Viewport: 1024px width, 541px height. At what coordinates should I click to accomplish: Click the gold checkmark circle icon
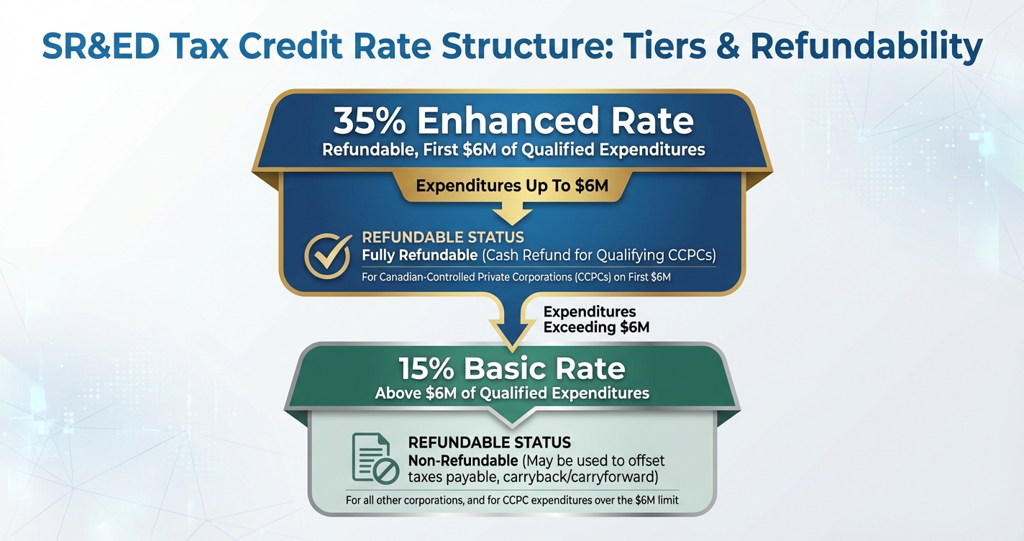coord(328,255)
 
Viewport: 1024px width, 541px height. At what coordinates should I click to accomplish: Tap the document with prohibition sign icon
coord(375,458)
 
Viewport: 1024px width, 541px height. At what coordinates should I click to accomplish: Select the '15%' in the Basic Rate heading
coord(426,368)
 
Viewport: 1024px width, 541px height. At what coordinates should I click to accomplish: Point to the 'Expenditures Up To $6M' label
coord(512,186)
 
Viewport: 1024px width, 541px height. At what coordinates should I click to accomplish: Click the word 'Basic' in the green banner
coord(508,368)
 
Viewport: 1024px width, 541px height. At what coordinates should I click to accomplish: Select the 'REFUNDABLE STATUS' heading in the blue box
coord(442,237)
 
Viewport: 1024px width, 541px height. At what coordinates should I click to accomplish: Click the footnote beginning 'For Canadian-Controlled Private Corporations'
coord(516,276)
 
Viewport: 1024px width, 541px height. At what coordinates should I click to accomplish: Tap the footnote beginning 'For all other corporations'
coord(512,499)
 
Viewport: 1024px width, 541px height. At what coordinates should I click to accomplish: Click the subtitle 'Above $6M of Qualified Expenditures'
coord(512,393)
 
